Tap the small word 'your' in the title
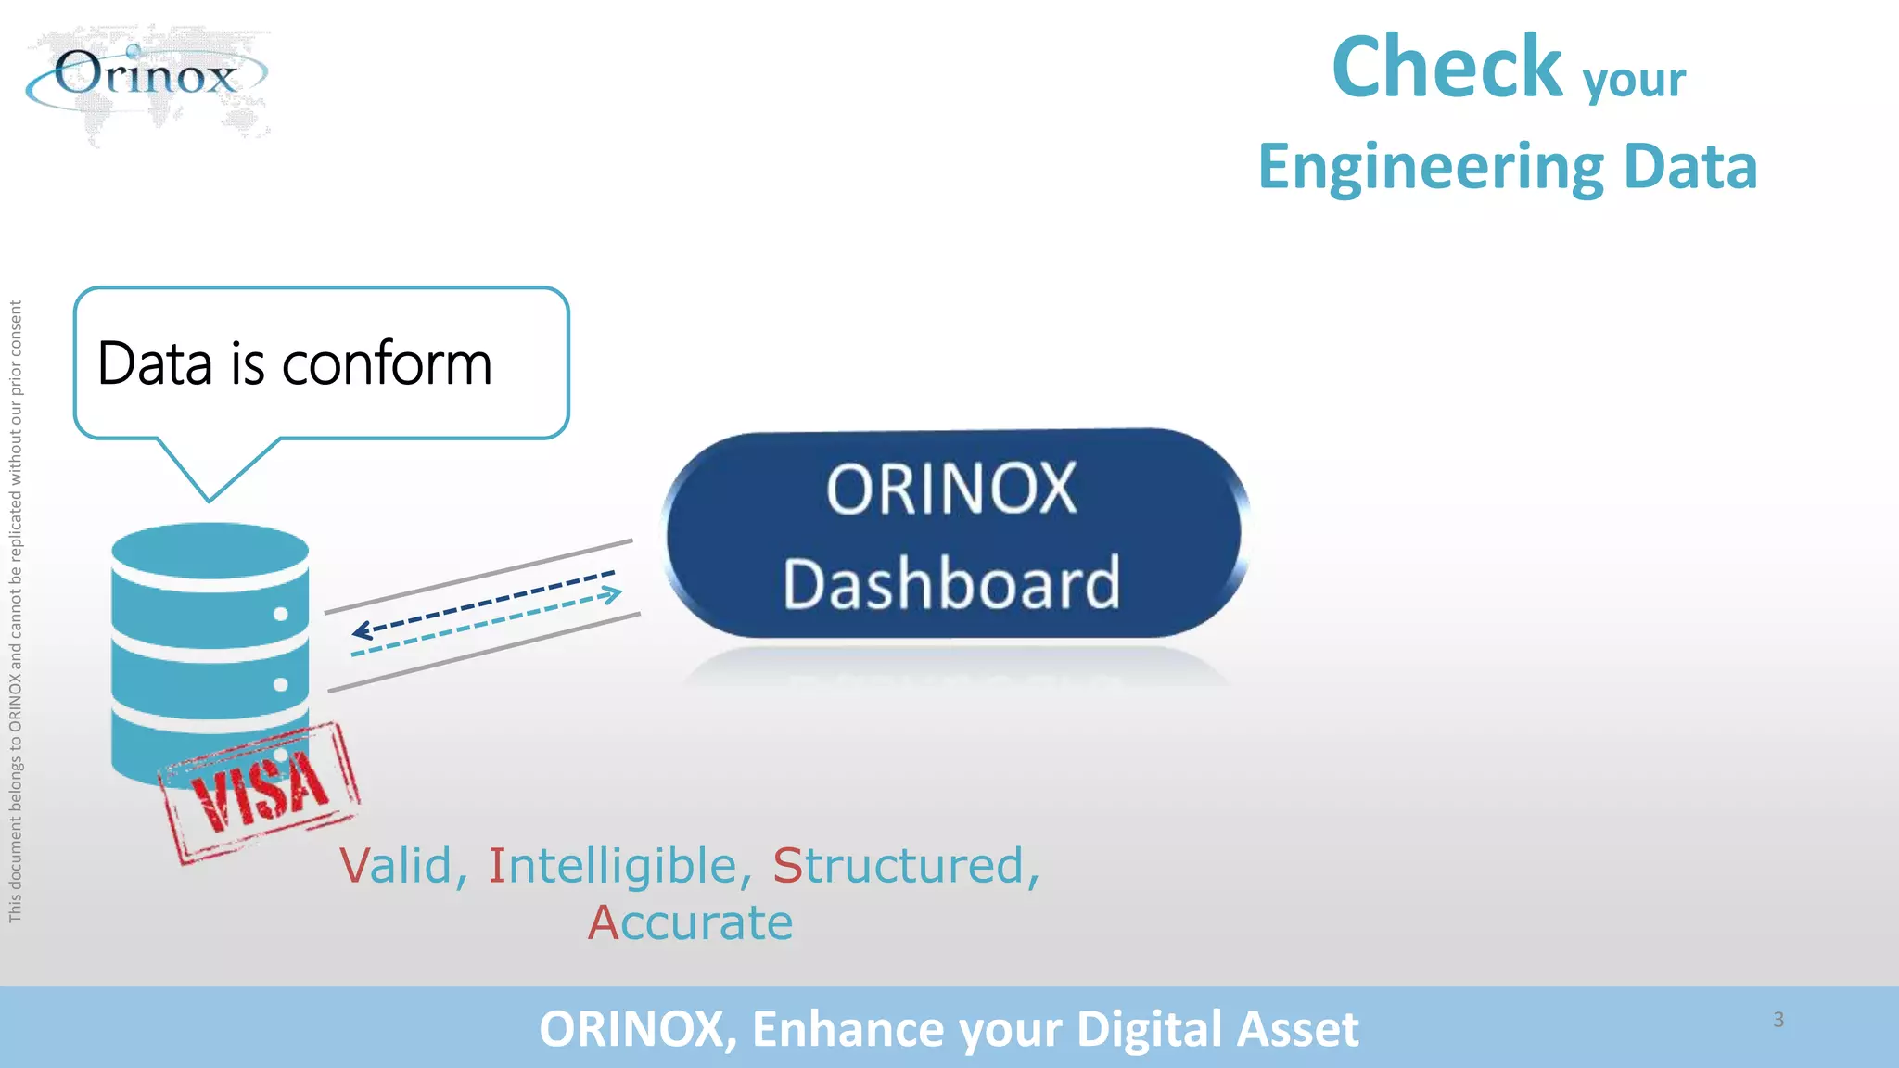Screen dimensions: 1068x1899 click(x=1634, y=80)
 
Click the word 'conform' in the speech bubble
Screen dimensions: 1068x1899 click(x=387, y=363)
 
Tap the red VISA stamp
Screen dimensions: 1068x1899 click(x=260, y=792)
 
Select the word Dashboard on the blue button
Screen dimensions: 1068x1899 click(x=951, y=583)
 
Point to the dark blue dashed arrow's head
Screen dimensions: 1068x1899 click(x=360, y=631)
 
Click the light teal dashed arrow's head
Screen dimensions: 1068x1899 click(x=614, y=594)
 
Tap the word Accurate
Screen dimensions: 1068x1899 click(x=691, y=923)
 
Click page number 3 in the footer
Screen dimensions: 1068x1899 click(x=1778, y=1020)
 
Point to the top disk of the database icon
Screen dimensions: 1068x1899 click(x=210, y=551)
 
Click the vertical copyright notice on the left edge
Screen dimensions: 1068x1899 click(x=16, y=612)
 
